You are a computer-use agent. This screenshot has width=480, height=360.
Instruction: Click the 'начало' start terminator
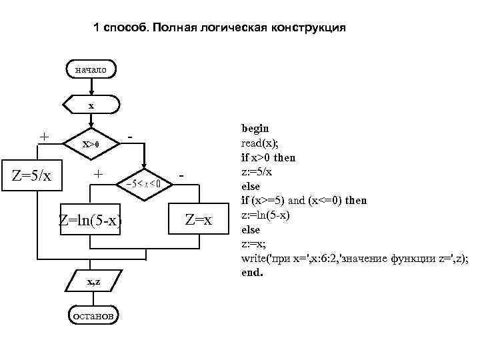coord(91,69)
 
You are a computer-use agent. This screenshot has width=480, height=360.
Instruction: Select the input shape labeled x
coord(91,105)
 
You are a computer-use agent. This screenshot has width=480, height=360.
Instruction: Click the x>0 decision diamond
coord(91,143)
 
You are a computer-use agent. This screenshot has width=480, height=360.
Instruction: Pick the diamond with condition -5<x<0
coord(144,181)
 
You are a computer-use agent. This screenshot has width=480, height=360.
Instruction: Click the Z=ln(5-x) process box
coord(90,219)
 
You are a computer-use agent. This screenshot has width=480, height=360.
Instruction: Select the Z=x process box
coord(198,219)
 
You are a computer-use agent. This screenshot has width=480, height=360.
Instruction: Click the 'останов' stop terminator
coord(93,315)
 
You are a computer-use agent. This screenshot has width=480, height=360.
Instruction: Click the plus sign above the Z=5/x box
coord(43,137)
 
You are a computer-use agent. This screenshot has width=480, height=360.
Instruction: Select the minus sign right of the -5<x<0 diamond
coord(181,175)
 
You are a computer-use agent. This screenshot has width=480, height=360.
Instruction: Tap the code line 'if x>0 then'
coord(268,157)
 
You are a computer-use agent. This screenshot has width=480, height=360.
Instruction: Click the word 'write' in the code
coord(255,259)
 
